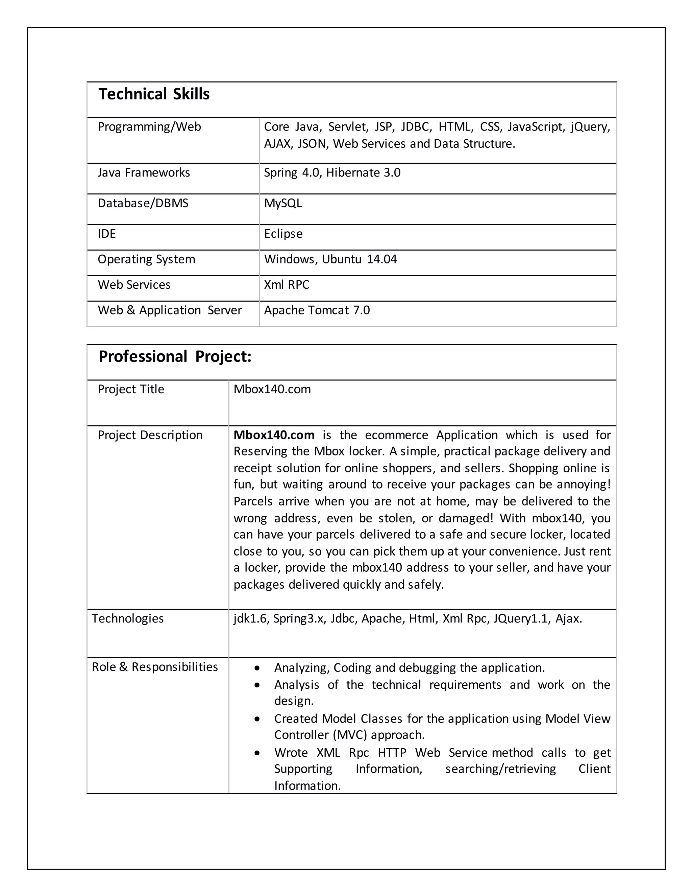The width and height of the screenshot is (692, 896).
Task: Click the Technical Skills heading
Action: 154,94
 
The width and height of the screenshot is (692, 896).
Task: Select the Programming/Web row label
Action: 149,127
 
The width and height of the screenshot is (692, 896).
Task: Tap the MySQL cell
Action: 283,203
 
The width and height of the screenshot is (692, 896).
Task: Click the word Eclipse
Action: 283,234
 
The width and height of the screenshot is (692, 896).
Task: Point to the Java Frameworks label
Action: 144,173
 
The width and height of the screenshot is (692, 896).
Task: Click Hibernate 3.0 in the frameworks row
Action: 363,173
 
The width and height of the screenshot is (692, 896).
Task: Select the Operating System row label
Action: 146,259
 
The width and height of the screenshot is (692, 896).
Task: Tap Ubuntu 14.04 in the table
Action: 359,259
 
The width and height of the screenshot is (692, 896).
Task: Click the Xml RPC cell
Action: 287,285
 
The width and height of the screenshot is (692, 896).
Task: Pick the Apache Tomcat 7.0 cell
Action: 317,310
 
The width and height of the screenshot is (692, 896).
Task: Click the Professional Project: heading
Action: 175,356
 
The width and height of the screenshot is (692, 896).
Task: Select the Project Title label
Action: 131,389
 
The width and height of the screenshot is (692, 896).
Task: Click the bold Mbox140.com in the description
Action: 274,435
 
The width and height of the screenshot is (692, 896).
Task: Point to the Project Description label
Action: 150,435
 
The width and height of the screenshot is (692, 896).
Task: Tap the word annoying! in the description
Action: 583,485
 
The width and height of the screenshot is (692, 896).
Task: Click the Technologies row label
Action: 127,619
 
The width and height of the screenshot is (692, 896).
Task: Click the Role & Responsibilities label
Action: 154,667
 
